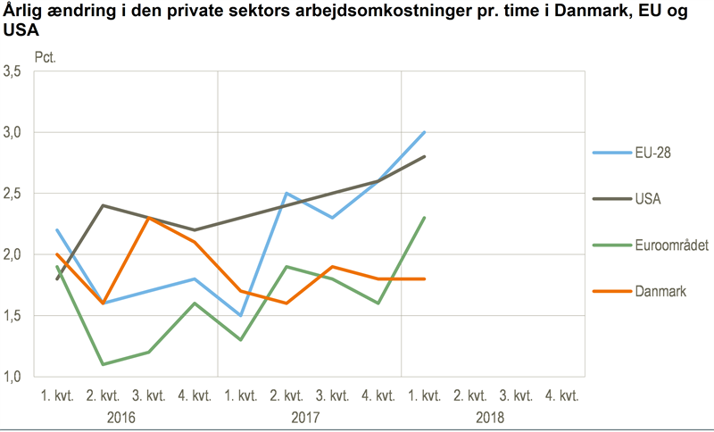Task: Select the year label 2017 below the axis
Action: pos(310,417)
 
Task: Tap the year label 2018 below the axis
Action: pos(493,417)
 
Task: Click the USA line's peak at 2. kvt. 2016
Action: pos(104,205)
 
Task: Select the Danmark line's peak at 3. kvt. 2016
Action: pos(149,218)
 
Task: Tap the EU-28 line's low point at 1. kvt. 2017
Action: pos(241,315)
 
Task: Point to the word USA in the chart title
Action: pos(20,32)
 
